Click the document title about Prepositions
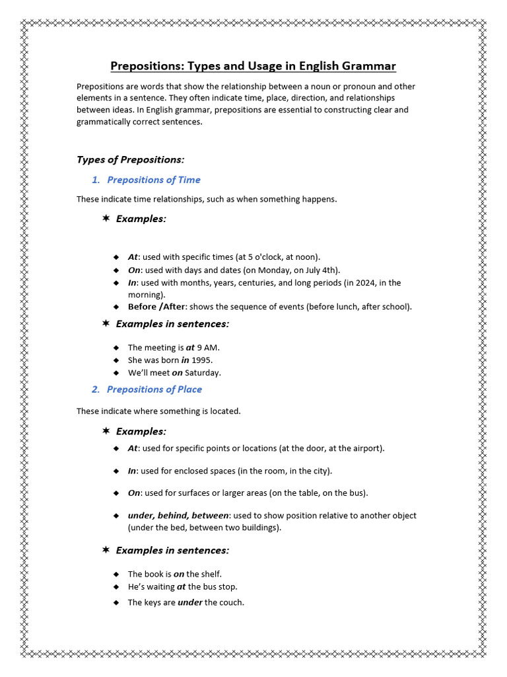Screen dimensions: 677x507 pyautogui.click(x=253, y=66)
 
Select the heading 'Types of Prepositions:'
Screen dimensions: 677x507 pyautogui.click(x=130, y=159)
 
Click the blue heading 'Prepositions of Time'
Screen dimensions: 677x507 pyautogui.click(x=153, y=180)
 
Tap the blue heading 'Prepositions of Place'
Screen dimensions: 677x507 pyautogui.click(x=154, y=389)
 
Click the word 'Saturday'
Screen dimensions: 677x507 pyautogui.click(x=203, y=373)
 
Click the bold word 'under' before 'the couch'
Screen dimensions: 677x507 pyautogui.click(x=190, y=602)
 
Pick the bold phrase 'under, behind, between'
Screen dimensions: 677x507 pyautogui.click(x=178, y=516)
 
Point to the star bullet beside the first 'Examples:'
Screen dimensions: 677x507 pyautogui.click(x=106, y=218)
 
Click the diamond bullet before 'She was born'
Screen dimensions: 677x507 pyautogui.click(x=116, y=360)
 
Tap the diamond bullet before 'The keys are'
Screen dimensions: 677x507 pyautogui.click(x=116, y=602)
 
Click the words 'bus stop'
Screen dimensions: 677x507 pyautogui.click(x=220, y=586)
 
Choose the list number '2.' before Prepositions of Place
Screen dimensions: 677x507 pyautogui.click(x=96, y=389)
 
